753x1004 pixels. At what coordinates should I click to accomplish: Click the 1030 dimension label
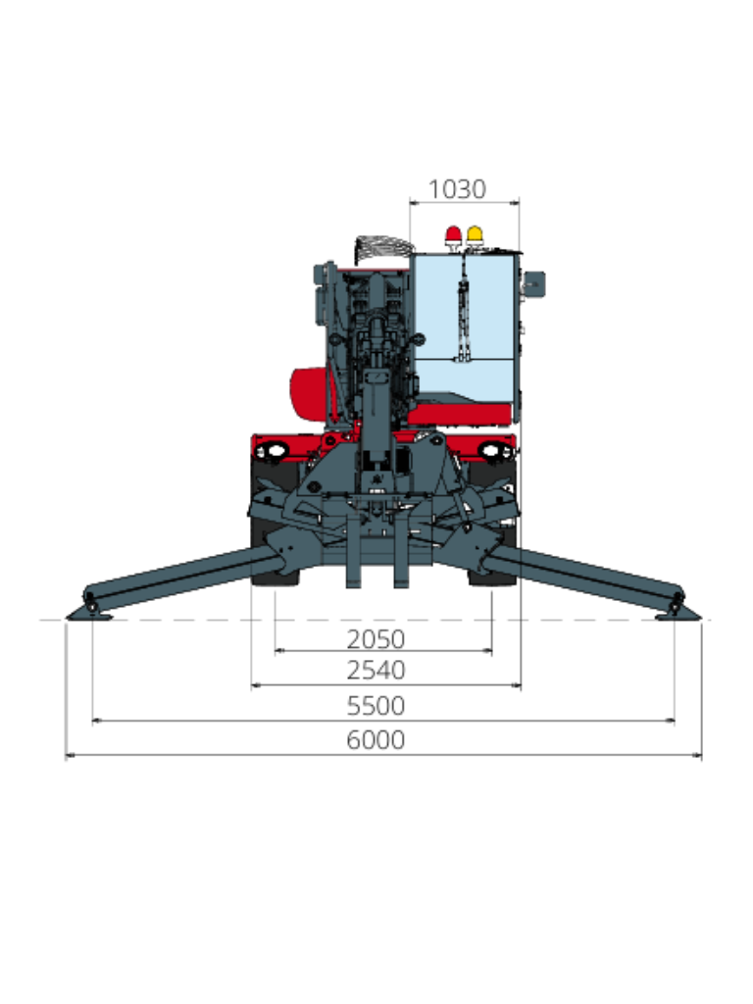click(x=457, y=189)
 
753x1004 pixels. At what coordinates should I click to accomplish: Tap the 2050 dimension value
click(x=376, y=639)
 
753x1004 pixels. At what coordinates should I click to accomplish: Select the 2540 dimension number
click(x=376, y=670)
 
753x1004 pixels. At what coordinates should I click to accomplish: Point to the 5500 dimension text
click(x=376, y=706)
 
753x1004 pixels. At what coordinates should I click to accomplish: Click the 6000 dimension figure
click(x=376, y=740)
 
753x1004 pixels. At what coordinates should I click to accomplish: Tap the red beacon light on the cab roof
click(x=453, y=235)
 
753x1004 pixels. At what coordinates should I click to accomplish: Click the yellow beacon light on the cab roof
click(x=475, y=235)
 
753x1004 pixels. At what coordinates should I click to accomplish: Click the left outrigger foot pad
click(x=89, y=614)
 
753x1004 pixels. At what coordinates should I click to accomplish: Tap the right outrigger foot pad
click(x=678, y=614)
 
